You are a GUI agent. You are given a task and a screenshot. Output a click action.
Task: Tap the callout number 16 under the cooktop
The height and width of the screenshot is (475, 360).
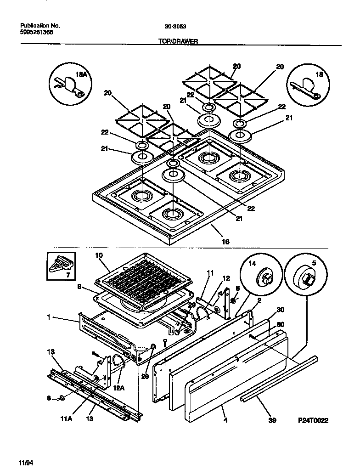pyautogui.click(x=225, y=241)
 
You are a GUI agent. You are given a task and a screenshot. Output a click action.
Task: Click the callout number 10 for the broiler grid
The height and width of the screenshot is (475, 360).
pyautogui.click(x=99, y=255)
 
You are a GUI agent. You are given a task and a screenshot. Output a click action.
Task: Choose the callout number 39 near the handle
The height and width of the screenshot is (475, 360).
pyautogui.click(x=272, y=420)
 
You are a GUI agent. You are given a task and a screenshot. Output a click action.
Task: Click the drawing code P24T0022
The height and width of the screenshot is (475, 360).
pyautogui.click(x=313, y=420)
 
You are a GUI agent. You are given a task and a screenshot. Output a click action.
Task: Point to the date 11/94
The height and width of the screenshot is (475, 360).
pyautogui.click(x=26, y=462)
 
